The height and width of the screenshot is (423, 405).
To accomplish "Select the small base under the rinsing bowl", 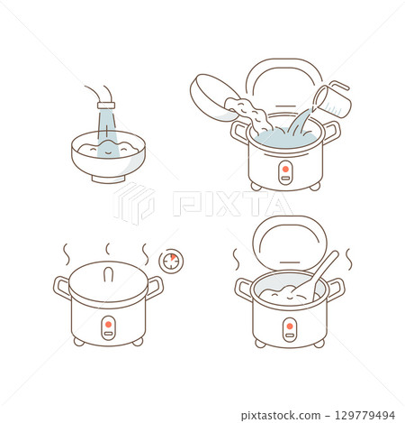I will point(108,179).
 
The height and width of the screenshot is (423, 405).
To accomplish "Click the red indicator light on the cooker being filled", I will point(285,168).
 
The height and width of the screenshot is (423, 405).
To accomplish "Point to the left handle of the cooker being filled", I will point(238,132).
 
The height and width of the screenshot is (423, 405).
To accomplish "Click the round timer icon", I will point(168,261).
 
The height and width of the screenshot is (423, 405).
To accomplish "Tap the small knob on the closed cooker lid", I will point(108,270).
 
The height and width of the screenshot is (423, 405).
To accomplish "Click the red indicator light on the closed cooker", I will point(108,324).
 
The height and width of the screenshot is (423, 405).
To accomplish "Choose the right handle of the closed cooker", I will point(156,288).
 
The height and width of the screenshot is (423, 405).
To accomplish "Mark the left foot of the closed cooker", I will point(79,342).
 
